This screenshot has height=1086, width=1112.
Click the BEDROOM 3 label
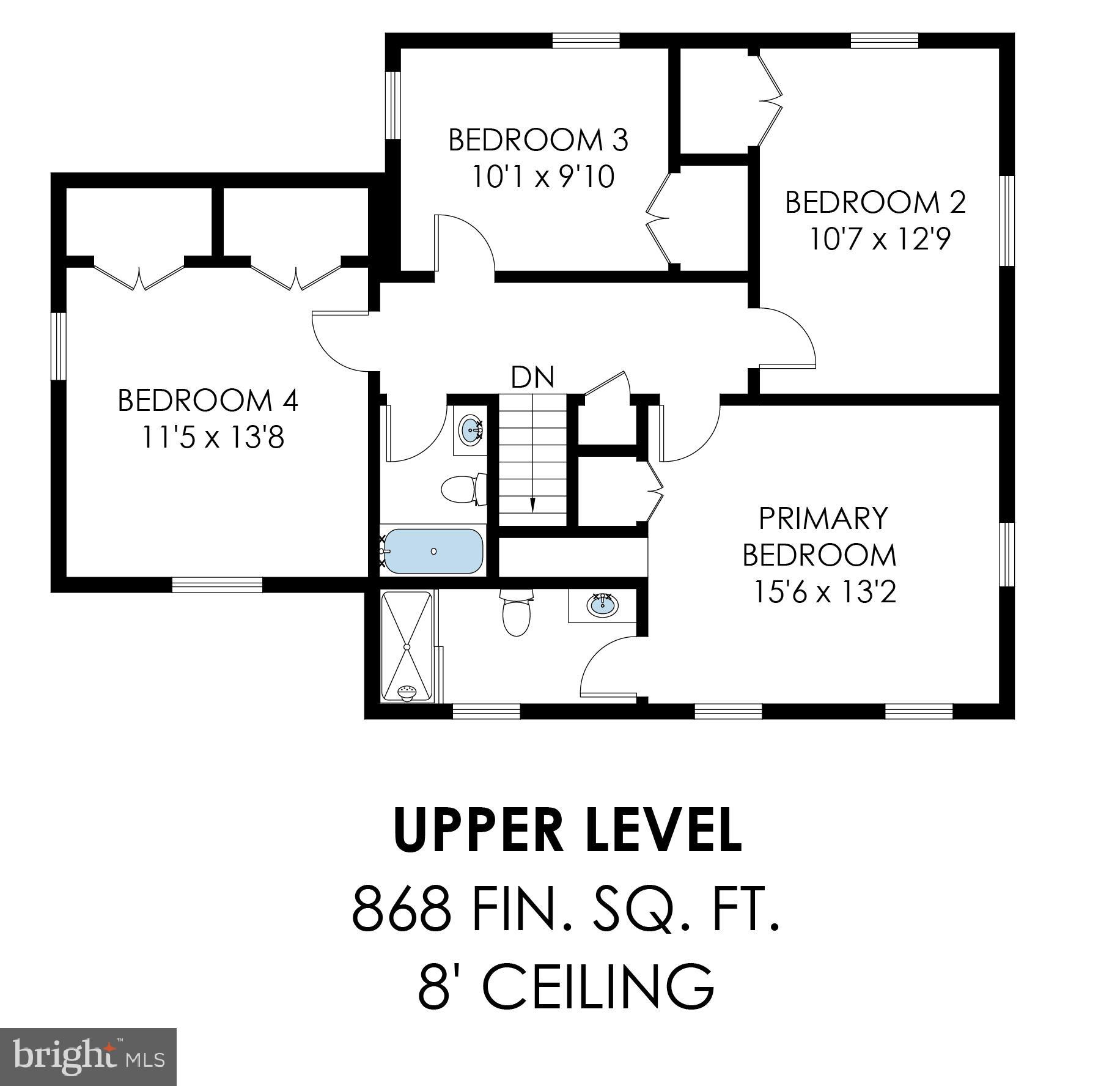[x=538, y=140]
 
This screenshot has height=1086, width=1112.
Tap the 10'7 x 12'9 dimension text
[x=880, y=238]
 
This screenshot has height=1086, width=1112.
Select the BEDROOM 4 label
[x=208, y=401]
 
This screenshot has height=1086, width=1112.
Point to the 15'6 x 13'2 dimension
[x=825, y=592]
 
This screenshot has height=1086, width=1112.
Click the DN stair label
[x=532, y=377]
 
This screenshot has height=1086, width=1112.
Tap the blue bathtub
[x=433, y=550]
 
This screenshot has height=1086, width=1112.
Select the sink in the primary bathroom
[x=603, y=605]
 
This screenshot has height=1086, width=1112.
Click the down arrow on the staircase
[x=532, y=504]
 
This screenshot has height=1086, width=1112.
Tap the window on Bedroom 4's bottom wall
[x=217, y=585]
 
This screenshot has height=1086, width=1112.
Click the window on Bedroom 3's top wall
[x=586, y=40]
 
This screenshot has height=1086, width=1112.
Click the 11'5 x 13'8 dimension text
[x=213, y=438]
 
